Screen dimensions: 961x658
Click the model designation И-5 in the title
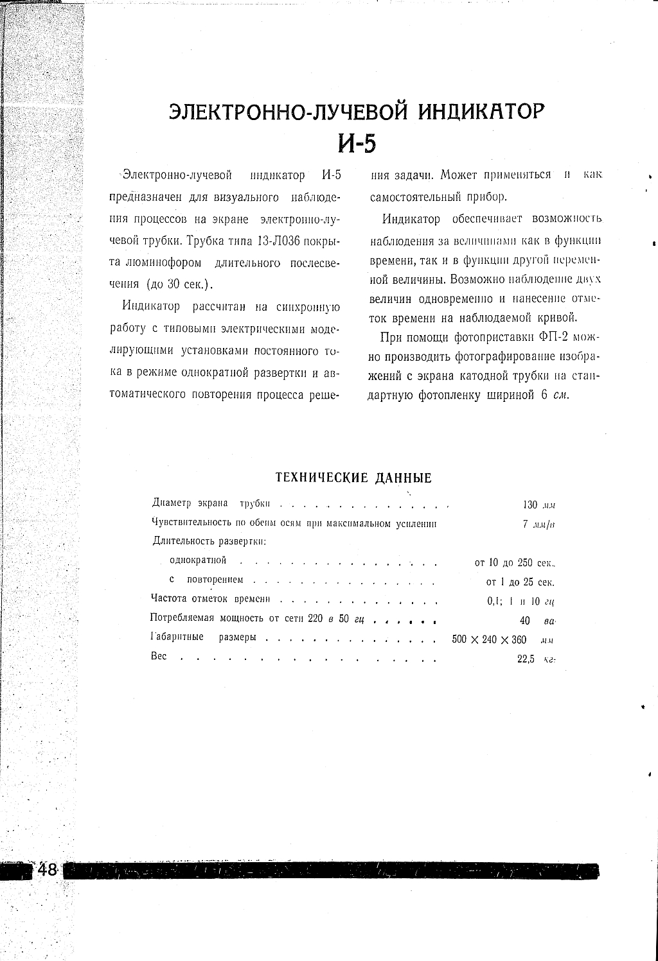357,144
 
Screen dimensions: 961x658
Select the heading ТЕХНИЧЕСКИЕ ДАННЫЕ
353,478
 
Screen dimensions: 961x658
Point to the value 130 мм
538,505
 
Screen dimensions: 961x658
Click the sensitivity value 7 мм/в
539,524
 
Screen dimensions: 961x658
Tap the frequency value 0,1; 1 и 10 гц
520,602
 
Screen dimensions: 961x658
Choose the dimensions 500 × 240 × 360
490,640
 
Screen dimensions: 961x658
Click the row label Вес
159,656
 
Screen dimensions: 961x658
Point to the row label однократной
198,560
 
